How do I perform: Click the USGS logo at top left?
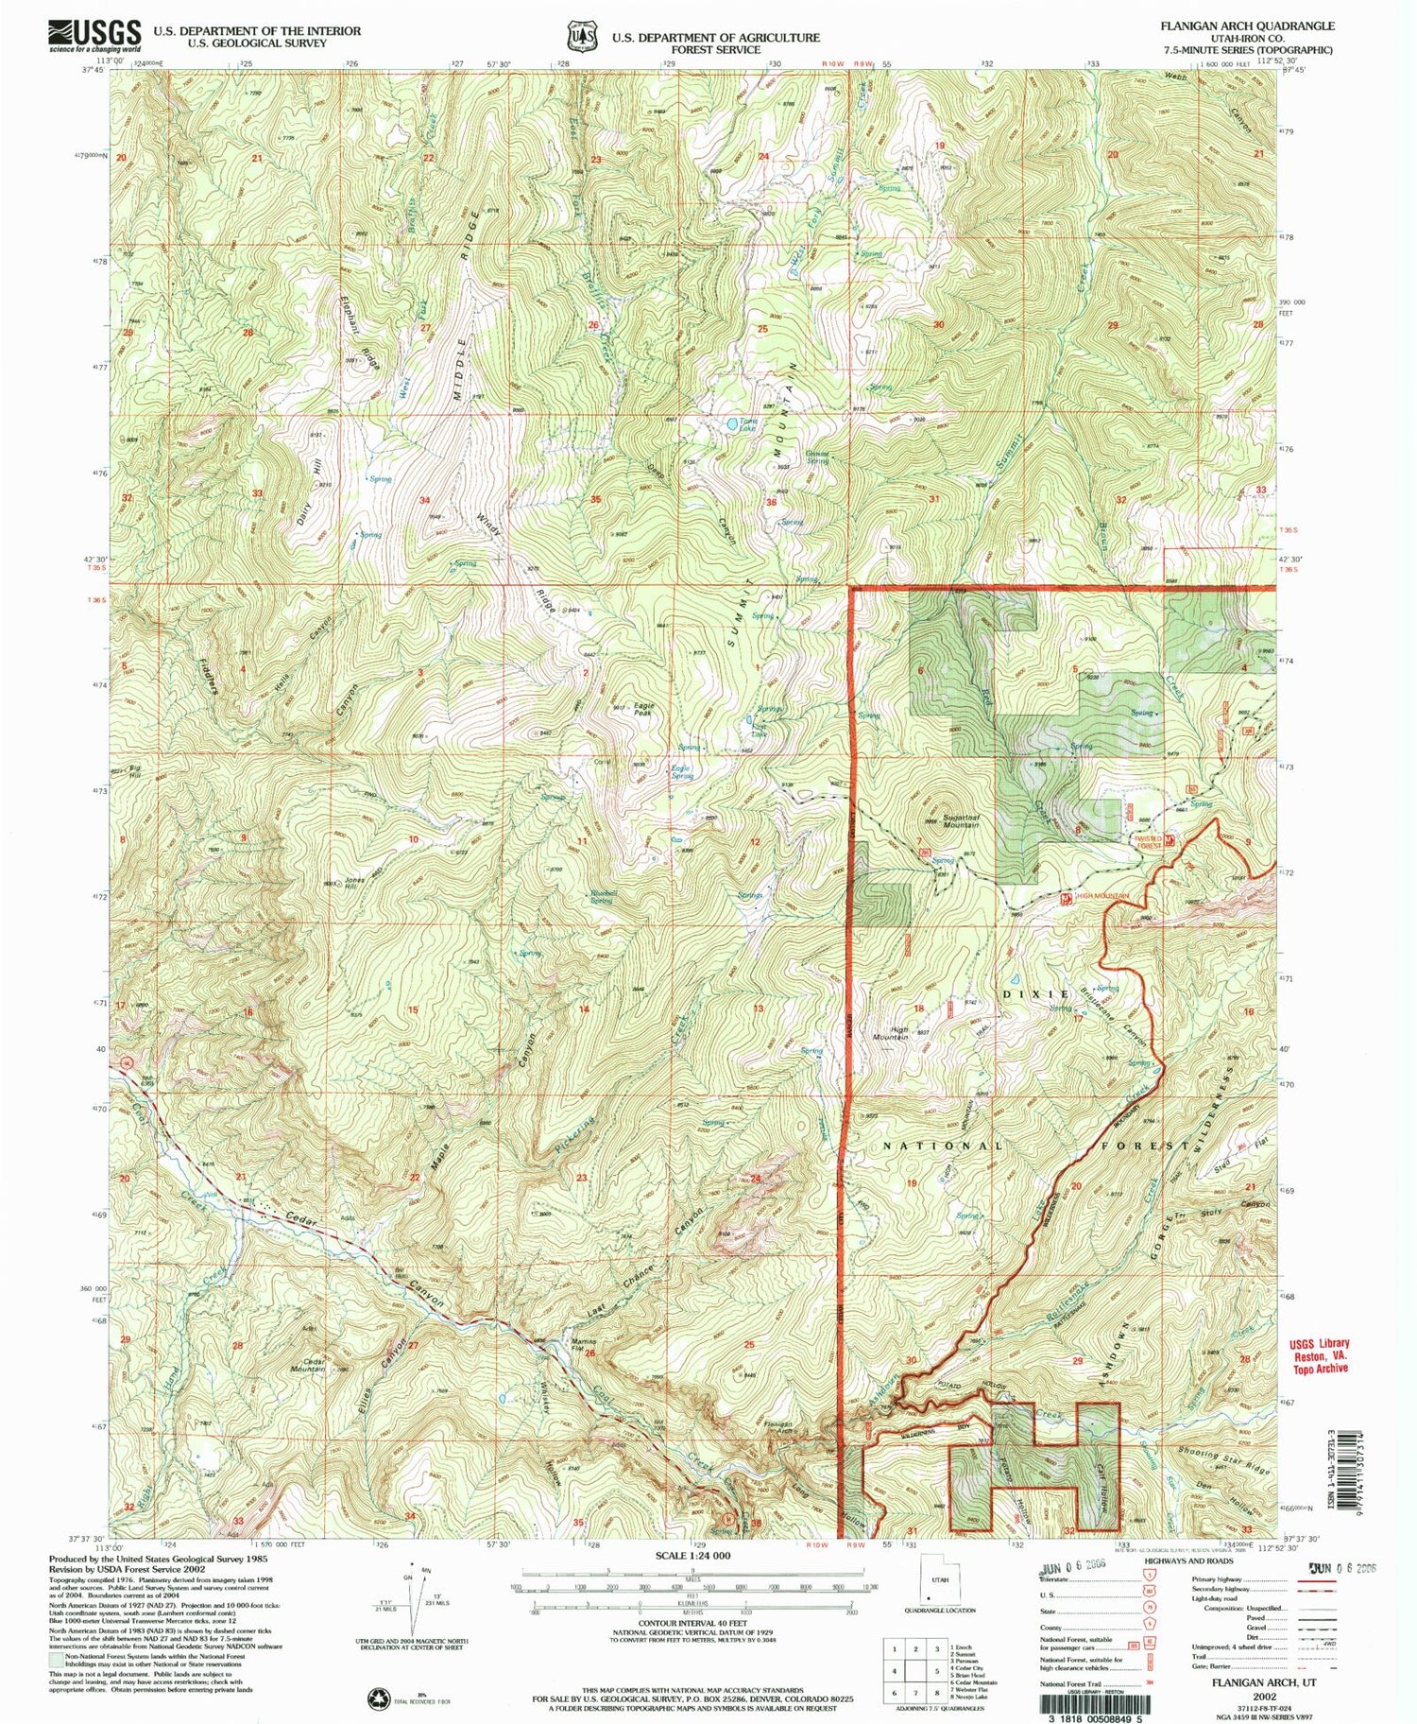point(94,36)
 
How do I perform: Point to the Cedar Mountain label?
point(308,1365)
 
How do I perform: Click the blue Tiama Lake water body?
point(733,424)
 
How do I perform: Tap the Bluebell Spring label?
point(602,896)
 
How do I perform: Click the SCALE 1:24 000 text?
point(692,1555)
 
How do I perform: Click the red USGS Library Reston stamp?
point(1319,1355)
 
